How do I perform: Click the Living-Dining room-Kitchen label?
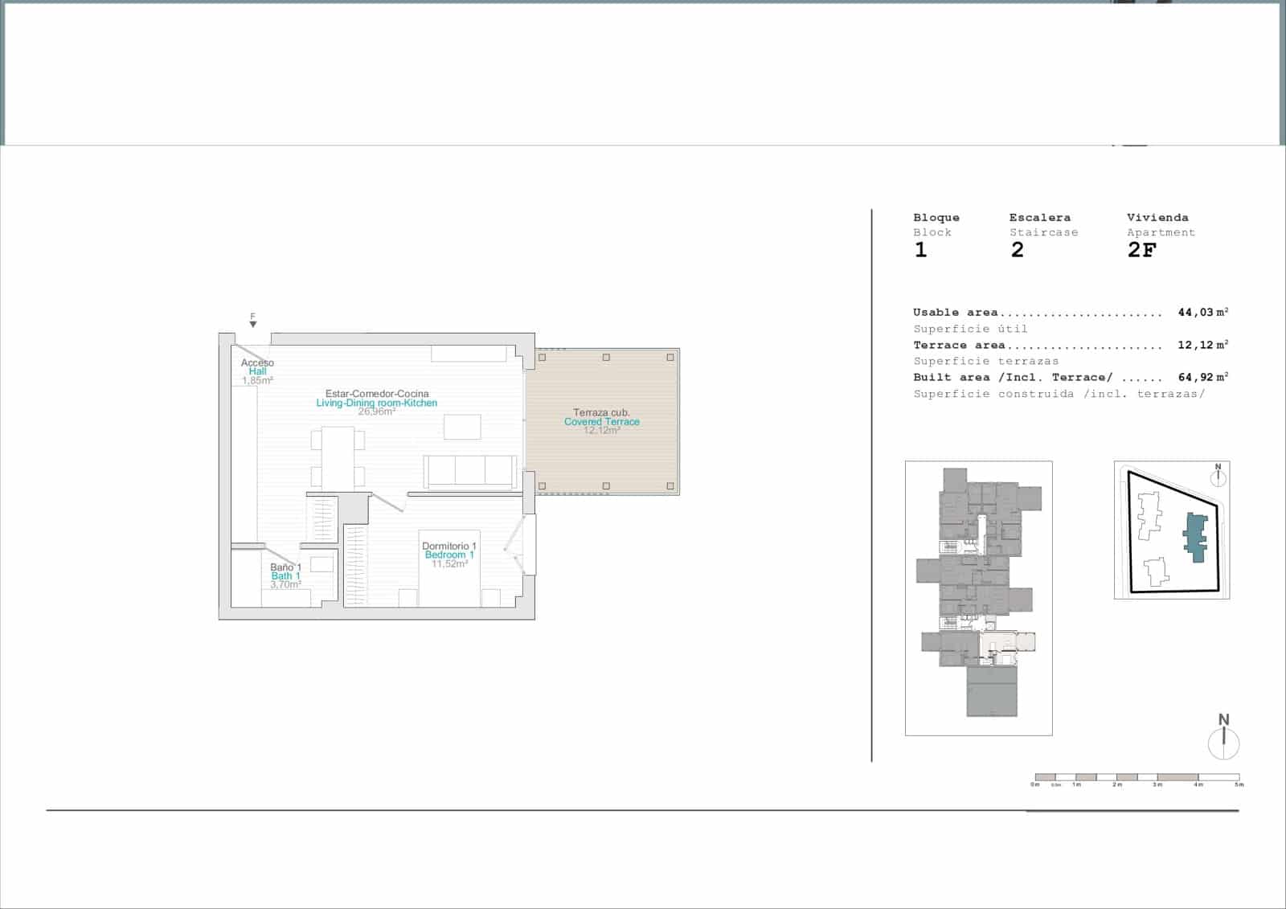pos(376,403)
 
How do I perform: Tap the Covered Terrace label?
pos(601,421)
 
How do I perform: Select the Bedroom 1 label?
pos(449,555)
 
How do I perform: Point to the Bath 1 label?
pos(285,575)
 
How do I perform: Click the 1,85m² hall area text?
pos(257,380)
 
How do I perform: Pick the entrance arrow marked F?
pos(252,323)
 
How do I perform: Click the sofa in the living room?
pos(470,472)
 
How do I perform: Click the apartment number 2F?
pos(1141,250)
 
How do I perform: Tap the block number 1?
pos(921,250)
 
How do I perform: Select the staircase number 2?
pos(1018,250)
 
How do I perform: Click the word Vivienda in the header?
pos(1157,217)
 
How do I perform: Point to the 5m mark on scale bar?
pos(1239,784)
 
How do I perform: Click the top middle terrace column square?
pos(606,357)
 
